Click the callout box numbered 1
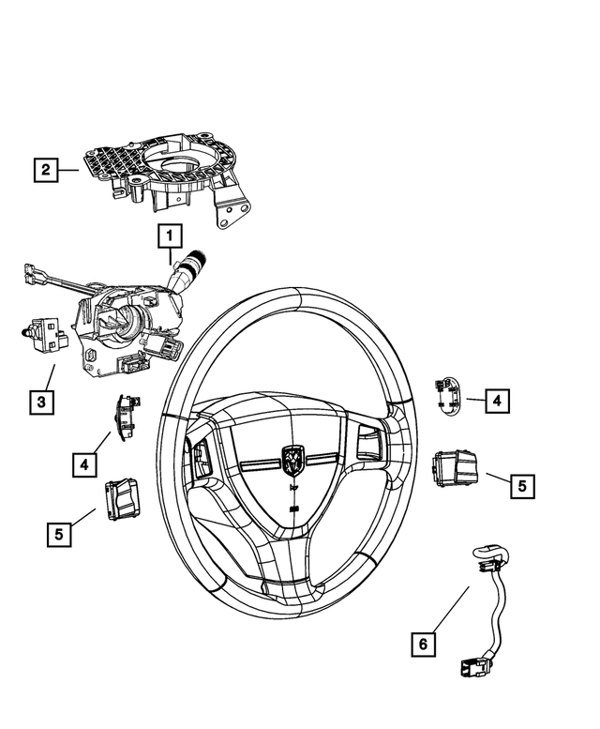(170, 235)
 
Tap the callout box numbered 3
(40, 402)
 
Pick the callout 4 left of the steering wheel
(85, 463)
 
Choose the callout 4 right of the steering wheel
(497, 401)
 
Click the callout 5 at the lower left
(58, 534)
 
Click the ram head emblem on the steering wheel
(292, 458)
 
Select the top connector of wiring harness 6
(487, 556)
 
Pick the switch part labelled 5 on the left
(123, 496)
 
